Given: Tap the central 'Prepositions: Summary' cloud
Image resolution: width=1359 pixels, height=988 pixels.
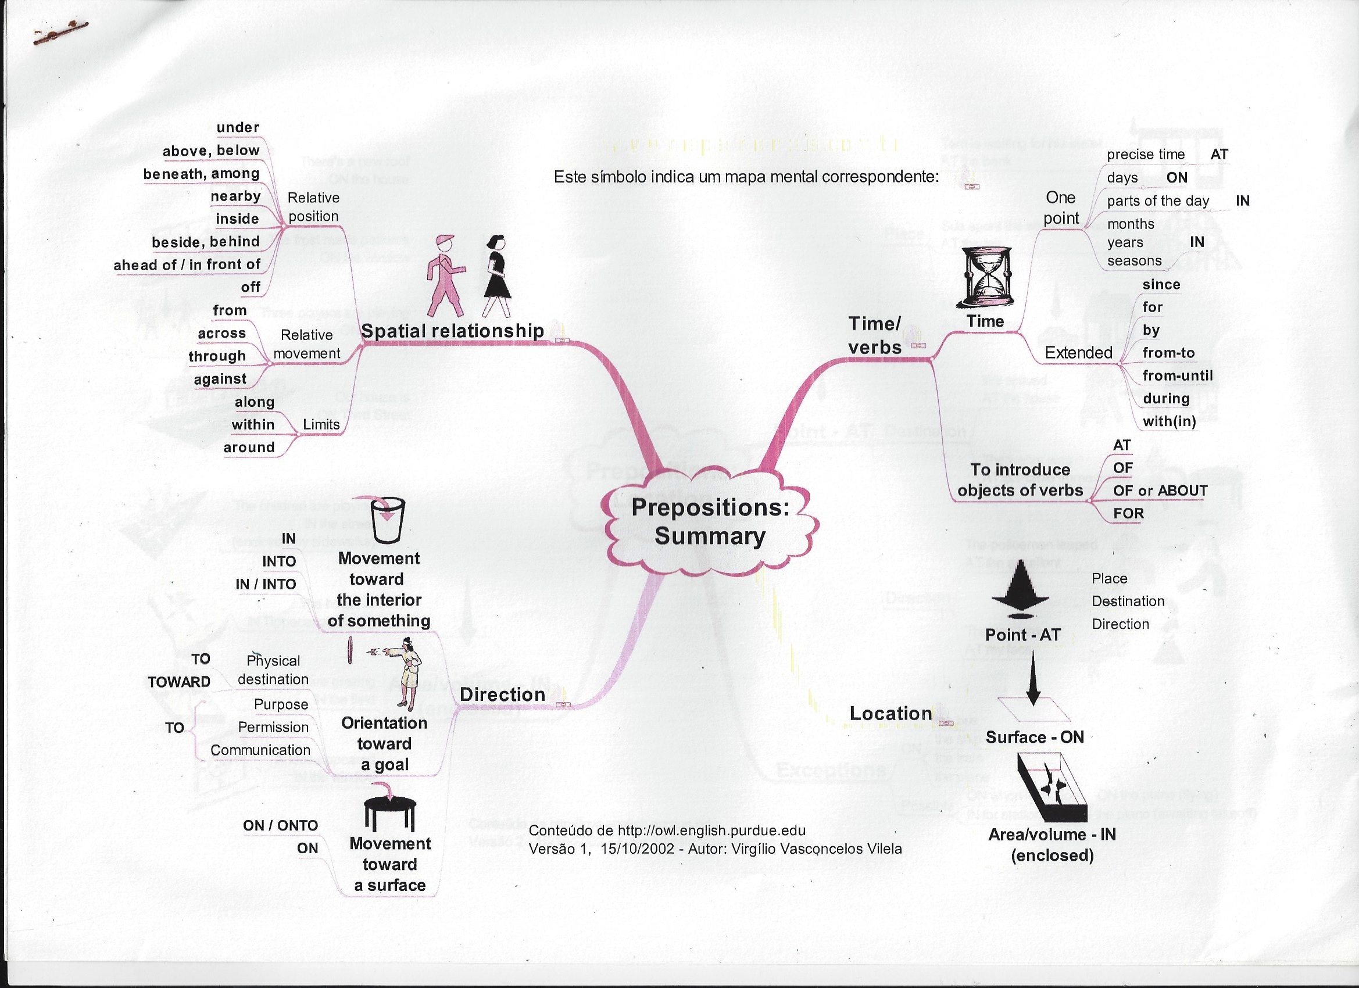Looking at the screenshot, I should (710, 522).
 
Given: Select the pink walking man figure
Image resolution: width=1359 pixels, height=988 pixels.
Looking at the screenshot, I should (445, 276).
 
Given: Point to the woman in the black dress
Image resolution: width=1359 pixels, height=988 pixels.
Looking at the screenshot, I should (496, 275).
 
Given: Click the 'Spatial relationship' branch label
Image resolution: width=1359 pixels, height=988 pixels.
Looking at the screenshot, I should (452, 331).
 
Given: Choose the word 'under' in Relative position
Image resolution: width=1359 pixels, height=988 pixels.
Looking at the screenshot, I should (238, 127).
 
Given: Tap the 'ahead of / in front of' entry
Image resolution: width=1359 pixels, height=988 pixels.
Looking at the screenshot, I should (187, 264).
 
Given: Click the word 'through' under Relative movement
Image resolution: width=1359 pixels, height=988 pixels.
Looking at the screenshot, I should (217, 356).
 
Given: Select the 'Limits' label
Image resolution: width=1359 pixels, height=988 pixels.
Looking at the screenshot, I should (321, 424).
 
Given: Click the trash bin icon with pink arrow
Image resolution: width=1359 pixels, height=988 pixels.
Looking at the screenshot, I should (387, 519).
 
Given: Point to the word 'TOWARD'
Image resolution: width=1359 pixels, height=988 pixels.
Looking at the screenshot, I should (178, 682).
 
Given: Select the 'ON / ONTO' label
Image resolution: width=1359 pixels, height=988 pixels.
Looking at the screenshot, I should (280, 825).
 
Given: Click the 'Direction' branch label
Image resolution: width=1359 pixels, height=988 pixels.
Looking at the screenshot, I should (502, 695).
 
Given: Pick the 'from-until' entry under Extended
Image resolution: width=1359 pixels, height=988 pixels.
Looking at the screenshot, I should (1178, 375).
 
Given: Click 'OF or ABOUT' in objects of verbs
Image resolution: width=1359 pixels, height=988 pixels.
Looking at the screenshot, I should (1160, 491).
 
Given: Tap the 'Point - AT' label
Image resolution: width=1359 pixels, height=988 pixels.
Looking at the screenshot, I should (1023, 635).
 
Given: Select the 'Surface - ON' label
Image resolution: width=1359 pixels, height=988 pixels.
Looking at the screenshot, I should (1035, 737).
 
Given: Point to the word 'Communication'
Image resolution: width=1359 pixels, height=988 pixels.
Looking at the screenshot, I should (260, 750).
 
